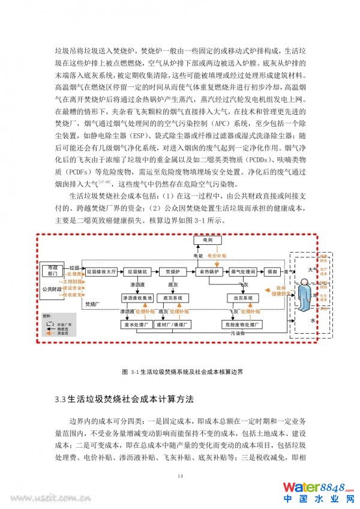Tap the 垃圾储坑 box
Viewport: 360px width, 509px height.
tap(136, 271)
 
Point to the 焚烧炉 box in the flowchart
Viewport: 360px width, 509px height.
tap(173, 271)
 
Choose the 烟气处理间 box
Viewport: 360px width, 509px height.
tap(243, 271)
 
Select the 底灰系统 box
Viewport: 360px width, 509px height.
tap(173, 298)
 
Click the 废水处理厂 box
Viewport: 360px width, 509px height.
tap(136, 325)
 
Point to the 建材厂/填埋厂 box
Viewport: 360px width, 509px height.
tap(173, 325)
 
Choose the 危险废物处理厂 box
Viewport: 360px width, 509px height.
tap(243, 325)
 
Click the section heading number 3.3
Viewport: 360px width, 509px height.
tap(59, 399)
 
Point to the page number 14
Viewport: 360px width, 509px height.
tap(180, 476)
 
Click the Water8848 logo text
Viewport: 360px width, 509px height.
tap(316, 487)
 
